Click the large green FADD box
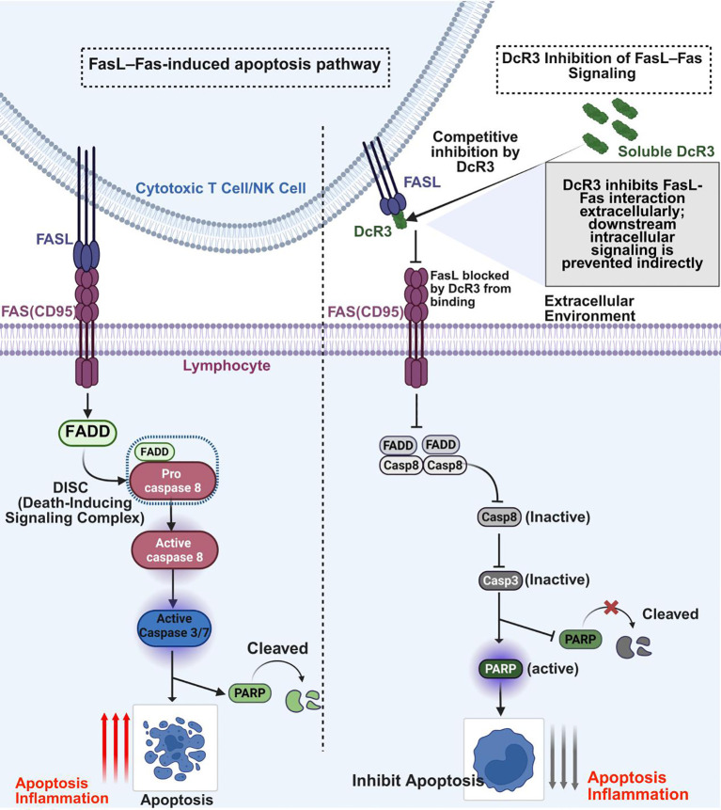(x=87, y=432)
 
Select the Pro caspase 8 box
(x=172, y=481)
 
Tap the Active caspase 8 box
(x=175, y=550)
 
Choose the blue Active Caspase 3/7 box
(x=175, y=627)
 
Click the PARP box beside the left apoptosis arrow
(x=250, y=692)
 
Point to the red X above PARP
(x=611, y=607)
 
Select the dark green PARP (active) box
(x=500, y=669)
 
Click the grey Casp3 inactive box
(x=500, y=580)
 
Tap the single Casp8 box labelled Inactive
(x=499, y=517)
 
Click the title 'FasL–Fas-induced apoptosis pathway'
(x=235, y=65)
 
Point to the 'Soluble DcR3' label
(x=666, y=151)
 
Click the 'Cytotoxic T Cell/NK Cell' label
(x=221, y=188)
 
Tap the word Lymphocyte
(x=227, y=366)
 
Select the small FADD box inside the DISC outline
(x=154, y=452)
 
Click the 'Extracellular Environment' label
(x=590, y=309)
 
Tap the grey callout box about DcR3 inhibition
(x=633, y=224)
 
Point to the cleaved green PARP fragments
(x=304, y=701)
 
